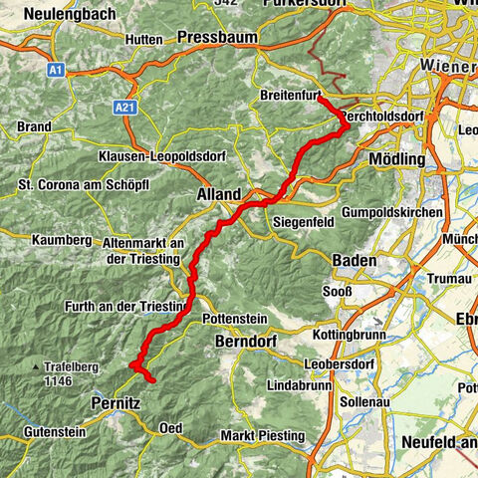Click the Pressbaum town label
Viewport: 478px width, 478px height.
216,38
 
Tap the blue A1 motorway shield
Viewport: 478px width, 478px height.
57,70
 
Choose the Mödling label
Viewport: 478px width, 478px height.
396,159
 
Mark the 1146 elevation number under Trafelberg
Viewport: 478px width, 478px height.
59,381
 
